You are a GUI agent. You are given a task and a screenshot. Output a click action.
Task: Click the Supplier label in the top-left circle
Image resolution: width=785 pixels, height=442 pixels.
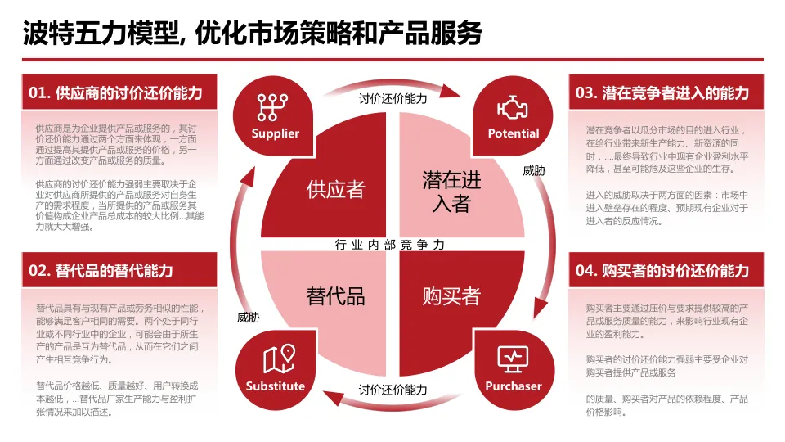[276, 133]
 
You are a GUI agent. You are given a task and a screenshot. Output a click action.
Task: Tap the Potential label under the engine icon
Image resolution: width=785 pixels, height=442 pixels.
[514, 133]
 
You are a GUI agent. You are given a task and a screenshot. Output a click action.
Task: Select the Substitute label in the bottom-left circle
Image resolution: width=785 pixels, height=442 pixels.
[276, 386]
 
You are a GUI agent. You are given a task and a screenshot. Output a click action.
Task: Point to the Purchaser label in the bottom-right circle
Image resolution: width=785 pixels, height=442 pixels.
[514, 386]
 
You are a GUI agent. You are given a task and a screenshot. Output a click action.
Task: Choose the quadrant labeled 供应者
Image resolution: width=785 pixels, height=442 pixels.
[335, 189]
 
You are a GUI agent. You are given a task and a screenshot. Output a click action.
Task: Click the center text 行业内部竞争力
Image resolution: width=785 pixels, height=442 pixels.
[392, 244]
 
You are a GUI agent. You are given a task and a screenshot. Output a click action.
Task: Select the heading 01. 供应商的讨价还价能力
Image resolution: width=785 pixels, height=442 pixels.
[116, 92]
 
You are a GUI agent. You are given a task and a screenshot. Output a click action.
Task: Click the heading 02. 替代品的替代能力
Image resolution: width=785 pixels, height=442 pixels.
[101, 270]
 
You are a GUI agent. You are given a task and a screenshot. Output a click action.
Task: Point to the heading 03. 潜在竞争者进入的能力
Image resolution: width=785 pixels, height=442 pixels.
[662, 92]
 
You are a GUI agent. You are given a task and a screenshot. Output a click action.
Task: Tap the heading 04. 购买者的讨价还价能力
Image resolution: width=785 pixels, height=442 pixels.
[662, 270]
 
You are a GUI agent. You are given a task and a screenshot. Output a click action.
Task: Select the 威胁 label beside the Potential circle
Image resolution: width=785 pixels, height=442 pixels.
[533, 171]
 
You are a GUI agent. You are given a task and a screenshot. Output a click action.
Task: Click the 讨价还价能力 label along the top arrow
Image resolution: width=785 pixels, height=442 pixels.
[392, 98]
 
